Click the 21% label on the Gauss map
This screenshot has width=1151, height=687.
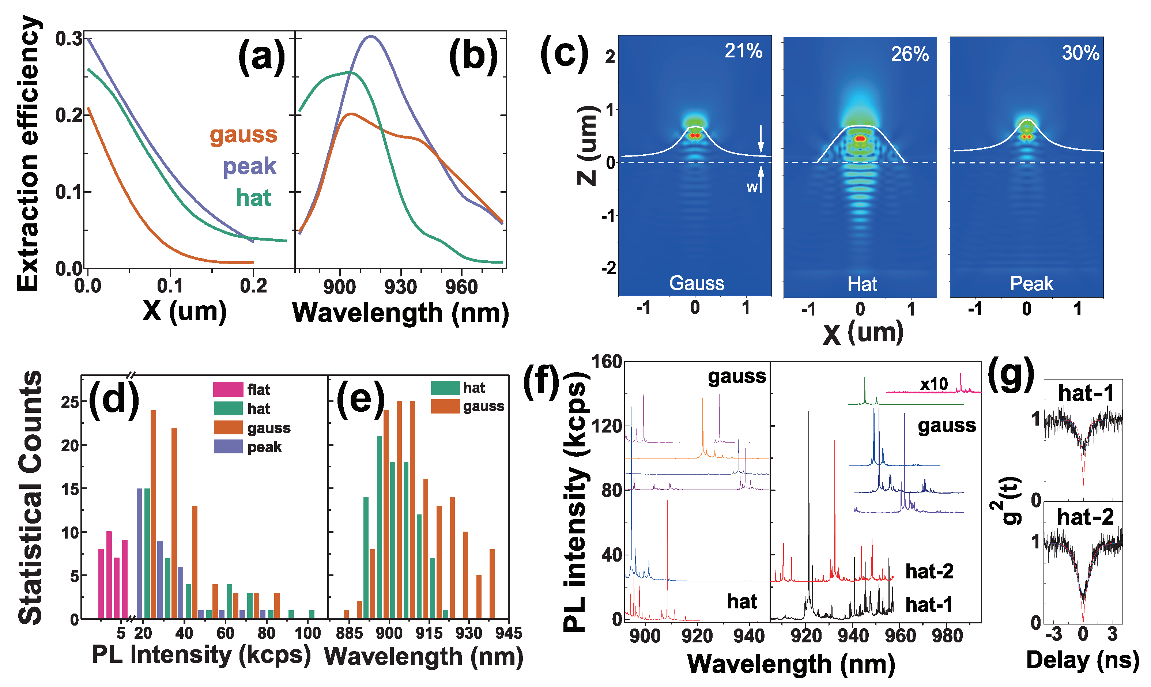click(x=743, y=51)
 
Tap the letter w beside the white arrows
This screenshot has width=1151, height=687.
click(x=752, y=187)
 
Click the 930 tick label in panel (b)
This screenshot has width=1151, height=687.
click(x=400, y=287)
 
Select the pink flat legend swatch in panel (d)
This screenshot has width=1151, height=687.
click(x=228, y=389)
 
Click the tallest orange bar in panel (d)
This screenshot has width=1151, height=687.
click(x=154, y=514)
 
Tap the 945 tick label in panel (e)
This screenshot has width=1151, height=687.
click(x=508, y=633)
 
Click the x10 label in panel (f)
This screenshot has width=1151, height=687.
click(x=933, y=384)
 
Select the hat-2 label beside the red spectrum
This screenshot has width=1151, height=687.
click(x=929, y=571)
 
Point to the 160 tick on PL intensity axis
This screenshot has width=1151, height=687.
click(x=606, y=362)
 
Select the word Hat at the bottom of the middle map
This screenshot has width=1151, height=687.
click(x=862, y=284)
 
